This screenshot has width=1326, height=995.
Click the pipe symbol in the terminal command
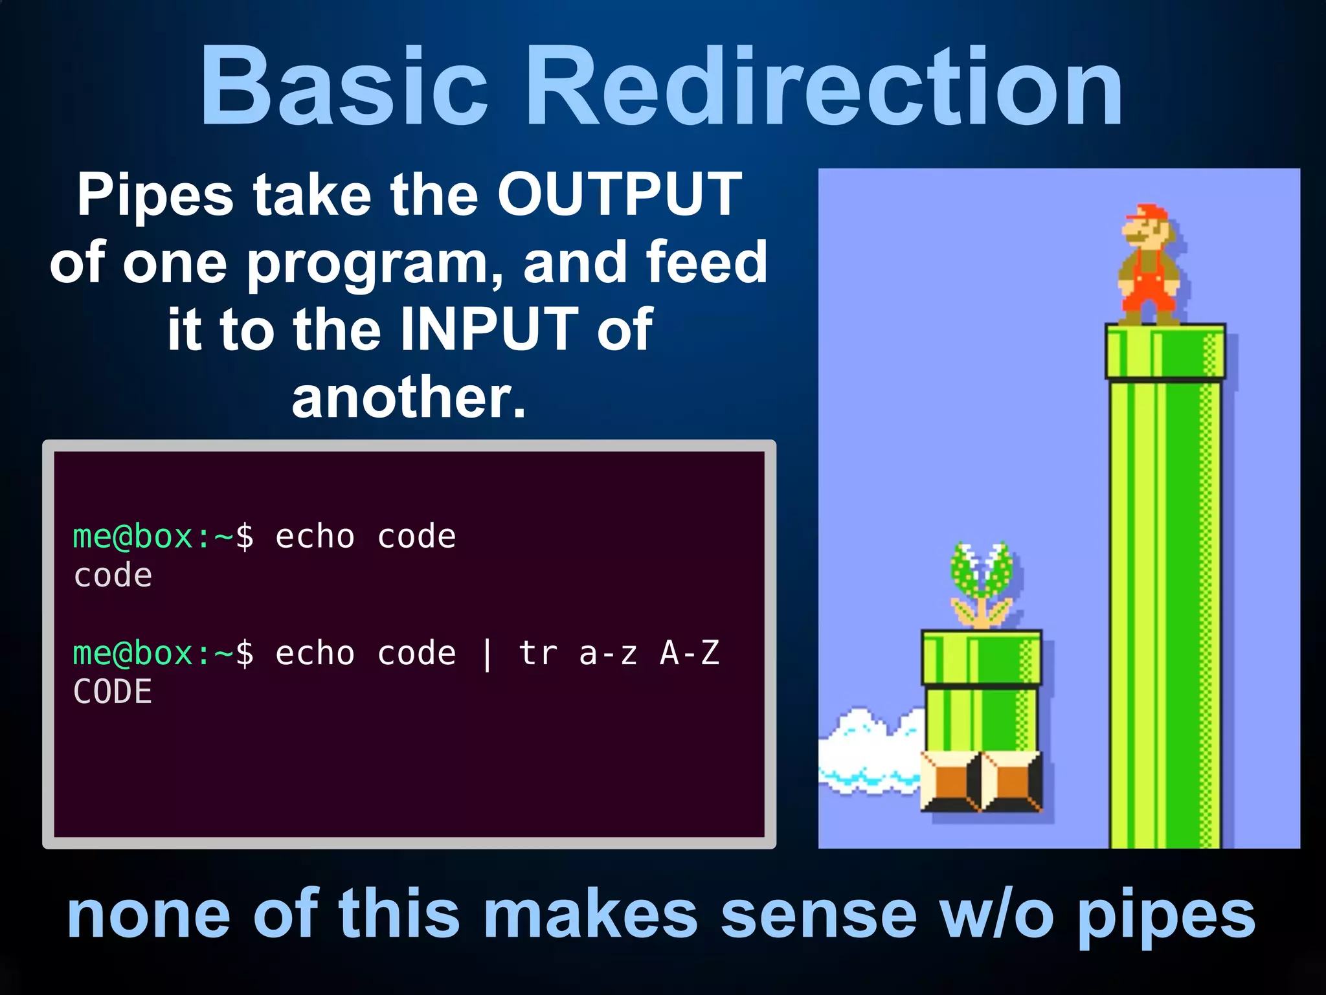tap(487, 654)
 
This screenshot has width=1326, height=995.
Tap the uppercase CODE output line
tap(113, 692)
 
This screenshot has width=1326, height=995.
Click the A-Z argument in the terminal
tap(689, 653)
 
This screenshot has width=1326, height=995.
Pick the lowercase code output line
tap(113, 576)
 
